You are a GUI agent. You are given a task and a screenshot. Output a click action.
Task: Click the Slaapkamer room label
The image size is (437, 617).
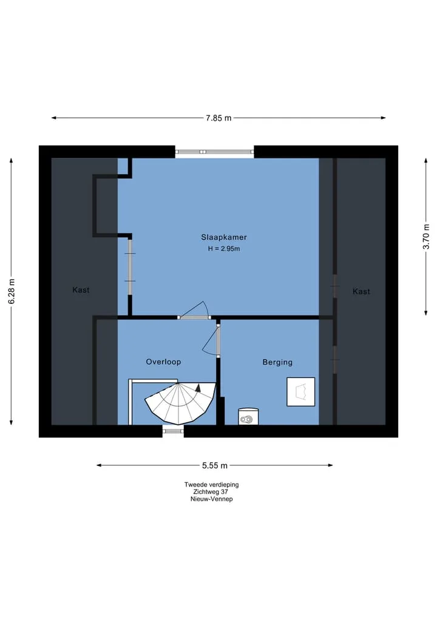point(223,237)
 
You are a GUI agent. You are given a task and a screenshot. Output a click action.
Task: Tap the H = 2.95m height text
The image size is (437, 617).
point(223,249)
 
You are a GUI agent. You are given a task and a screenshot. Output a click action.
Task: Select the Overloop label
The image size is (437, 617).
point(163,362)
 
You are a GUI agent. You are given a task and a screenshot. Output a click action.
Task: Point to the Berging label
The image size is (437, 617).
point(277,362)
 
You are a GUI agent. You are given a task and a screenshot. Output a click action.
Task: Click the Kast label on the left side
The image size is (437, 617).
point(81,290)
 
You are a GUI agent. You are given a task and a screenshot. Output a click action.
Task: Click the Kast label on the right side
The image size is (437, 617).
point(361,292)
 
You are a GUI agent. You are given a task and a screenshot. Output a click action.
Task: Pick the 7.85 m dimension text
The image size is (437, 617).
point(218,118)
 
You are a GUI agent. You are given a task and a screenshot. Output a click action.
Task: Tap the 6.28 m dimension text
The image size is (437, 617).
point(12,291)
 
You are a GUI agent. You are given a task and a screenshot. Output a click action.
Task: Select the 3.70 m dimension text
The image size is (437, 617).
point(426,237)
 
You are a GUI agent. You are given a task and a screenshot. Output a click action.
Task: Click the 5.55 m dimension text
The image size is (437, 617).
point(215,465)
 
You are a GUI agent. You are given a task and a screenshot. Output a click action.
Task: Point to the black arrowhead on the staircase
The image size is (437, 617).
point(198,388)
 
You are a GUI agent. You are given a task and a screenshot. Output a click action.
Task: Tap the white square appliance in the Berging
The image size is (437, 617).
point(301,391)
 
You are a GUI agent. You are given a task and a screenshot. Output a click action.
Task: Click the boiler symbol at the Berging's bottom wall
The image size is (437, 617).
point(248,416)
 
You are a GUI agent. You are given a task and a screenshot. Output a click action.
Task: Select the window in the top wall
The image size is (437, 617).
point(215,152)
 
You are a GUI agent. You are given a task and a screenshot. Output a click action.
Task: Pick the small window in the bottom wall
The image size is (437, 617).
point(173,431)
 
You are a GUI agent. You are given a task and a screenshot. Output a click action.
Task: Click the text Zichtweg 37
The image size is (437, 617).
point(211,492)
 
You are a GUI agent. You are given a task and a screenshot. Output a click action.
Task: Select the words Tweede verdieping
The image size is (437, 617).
point(211,485)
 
